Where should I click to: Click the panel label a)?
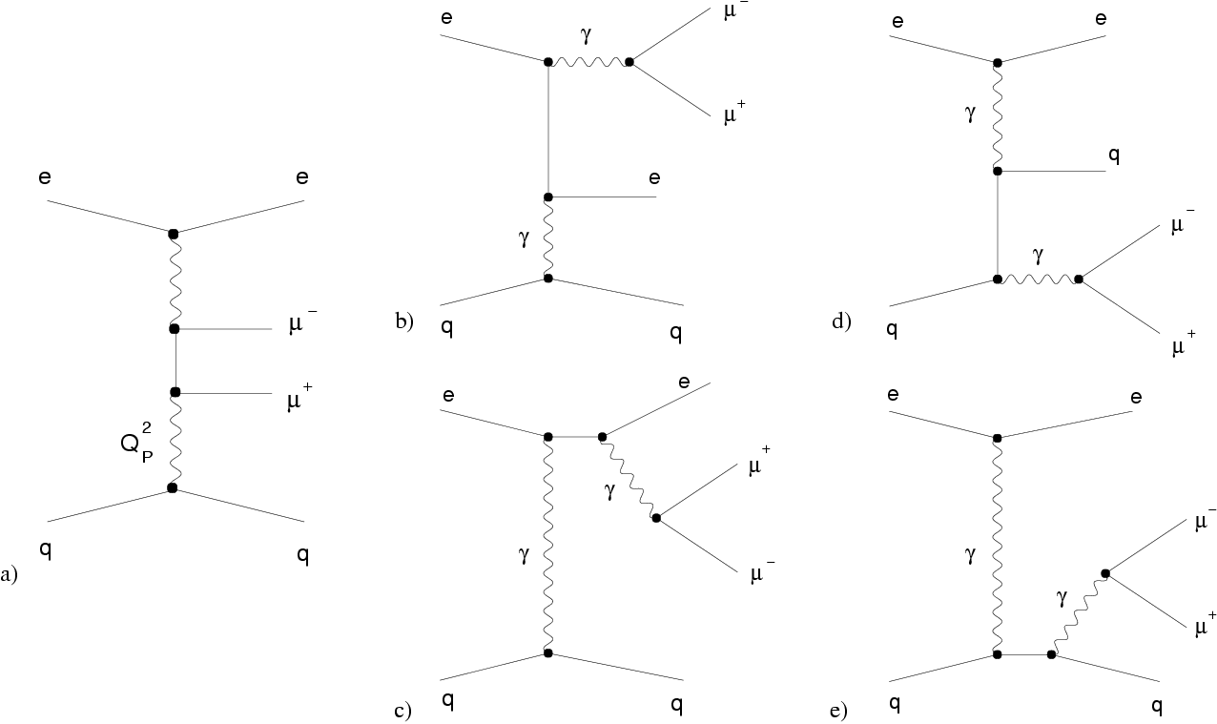(9, 575)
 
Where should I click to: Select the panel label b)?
(403, 321)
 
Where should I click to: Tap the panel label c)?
(402, 710)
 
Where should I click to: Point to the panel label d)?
(840, 321)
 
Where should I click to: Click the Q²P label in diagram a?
(138, 446)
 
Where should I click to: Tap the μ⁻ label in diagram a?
(303, 326)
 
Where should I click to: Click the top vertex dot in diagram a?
(173, 234)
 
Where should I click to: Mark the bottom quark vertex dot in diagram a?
(172, 488)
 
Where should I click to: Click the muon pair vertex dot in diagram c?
(655, 518)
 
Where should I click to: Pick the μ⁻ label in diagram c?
(760, 575)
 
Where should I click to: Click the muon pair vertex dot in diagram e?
(1104, 573)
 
